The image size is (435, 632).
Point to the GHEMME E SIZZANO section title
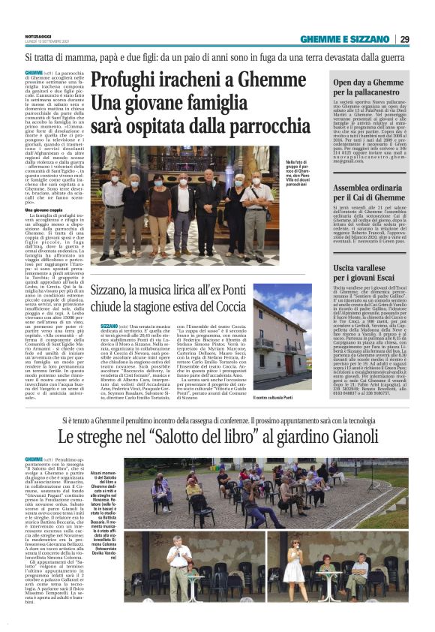pos(346,40)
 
